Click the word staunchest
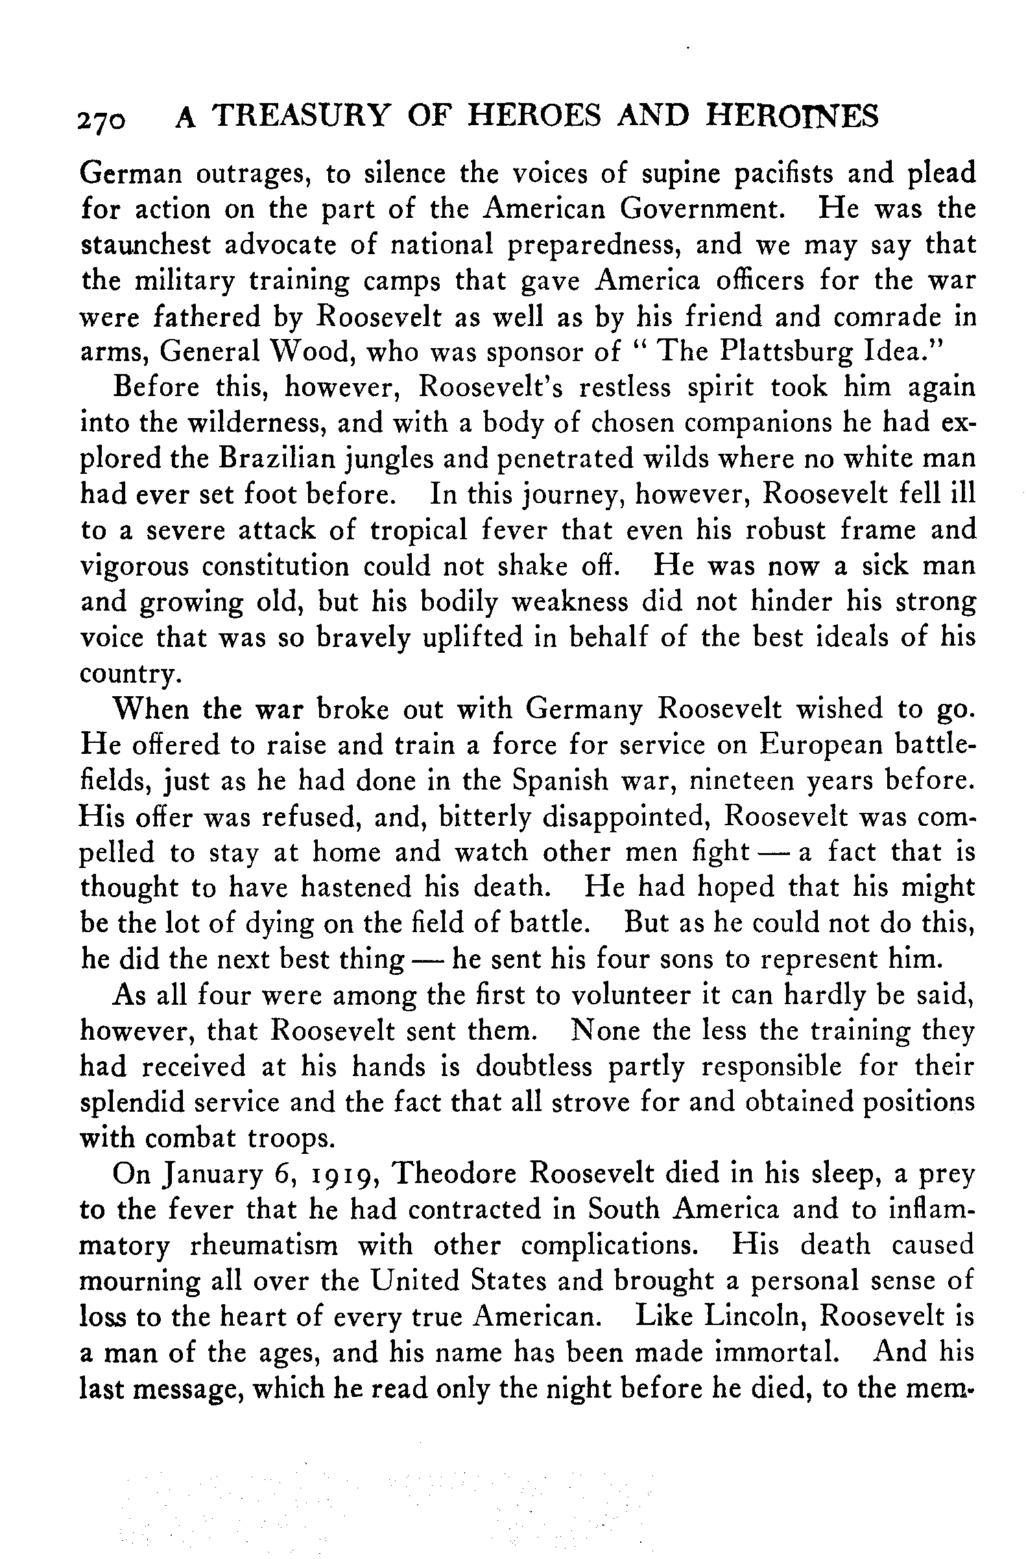click(x=146, y=245)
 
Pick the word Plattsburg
click(x=786, y=352)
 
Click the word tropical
click(x=419, y=530)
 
